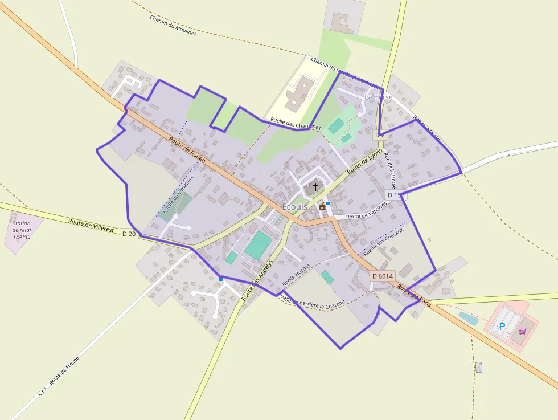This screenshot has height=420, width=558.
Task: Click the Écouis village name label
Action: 294,207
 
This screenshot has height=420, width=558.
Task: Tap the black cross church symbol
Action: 315,186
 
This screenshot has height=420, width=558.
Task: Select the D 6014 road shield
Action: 382,276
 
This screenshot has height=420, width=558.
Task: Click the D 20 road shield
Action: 129,233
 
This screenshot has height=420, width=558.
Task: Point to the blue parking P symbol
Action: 502,327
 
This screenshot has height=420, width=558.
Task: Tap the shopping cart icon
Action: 522,331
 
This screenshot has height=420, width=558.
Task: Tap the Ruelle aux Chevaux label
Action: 383,242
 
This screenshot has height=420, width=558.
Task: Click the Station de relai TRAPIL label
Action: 22,230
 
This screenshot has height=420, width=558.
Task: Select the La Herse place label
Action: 378,97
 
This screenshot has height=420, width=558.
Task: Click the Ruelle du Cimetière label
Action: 178,194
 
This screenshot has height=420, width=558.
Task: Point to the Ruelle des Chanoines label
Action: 296,123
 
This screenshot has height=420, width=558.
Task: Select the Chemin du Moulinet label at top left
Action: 173,25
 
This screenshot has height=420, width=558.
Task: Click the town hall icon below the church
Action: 322,206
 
